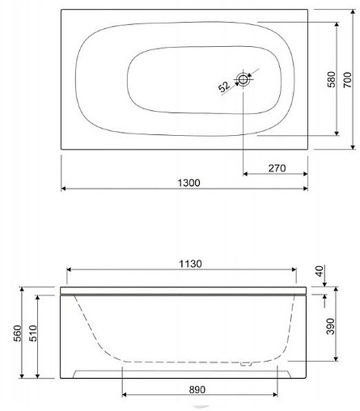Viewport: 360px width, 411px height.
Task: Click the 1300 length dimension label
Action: (x=186, y=182)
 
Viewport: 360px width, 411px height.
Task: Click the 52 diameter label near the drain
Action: (x=223, y=87)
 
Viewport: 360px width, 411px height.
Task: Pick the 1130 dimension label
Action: (x=186, y=263)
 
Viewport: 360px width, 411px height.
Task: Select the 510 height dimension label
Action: (x=32, y=336)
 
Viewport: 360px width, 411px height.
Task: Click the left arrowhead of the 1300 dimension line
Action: (x=64, y=189)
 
